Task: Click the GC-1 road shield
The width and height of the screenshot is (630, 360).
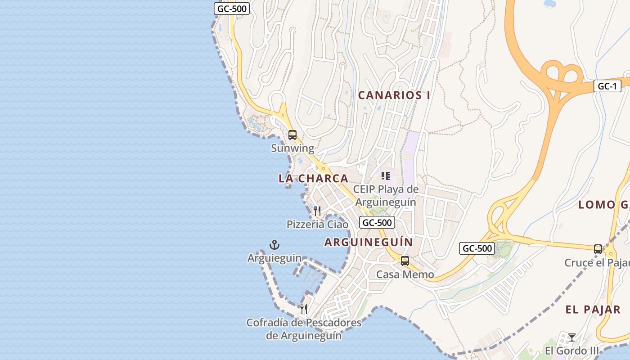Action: pyautogui.click(x=607, y=86)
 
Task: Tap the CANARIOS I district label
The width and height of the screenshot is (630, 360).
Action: pyautogui.click(x=394, y=95)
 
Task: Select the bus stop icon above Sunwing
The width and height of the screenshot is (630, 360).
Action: pyautogui.click(x=292, y=135)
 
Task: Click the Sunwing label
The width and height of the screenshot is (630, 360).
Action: pyautogui.click(x=292, y=148)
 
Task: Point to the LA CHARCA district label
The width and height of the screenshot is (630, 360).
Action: pyautogui.click(x=313, y=178)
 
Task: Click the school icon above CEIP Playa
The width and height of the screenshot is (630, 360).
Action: pyautogui.click(x=385, y=175)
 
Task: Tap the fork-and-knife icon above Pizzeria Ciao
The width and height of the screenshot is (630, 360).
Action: pyautogui.click(x=317, y=211)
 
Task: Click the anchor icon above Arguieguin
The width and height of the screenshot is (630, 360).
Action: pyautogui.click(x=274, y=245)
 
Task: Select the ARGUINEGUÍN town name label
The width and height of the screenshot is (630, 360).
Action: pyautogui.click(x=369, y=242)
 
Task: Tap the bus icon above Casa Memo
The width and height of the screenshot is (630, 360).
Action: pyautogui.click(x=405, y=261)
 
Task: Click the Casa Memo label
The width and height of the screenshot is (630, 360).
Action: pyautogui.click(x=405, y=274)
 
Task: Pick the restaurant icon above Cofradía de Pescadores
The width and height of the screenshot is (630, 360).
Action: pyautogui.click(x=304, y=309)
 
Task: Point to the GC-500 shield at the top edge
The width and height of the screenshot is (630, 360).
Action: pyautogui.click(x=231, y=8)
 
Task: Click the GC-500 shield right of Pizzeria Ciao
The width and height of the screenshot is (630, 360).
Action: pyautogui.click(x=377, y=222)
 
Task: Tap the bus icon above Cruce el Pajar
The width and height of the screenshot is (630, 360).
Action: pyautogui.click(x=598, y=249)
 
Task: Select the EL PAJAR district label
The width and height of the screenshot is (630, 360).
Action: pyautogui.click(x=593, y=310)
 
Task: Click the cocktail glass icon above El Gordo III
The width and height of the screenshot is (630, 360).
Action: pyautogui.click(x=571, y=337)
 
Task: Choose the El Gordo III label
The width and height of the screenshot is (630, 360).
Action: pyautogui.click(x=572, y=351)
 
